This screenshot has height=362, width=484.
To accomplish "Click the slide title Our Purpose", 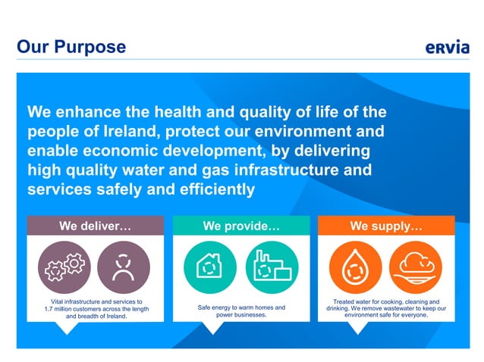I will click(71, 47).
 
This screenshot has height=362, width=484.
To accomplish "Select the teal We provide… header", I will click(241, 226).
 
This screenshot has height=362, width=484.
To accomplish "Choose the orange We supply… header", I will click(386, 226).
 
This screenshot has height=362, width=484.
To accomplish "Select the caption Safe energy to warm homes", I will click(241, 308).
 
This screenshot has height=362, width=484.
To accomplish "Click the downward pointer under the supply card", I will click(356, 328).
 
